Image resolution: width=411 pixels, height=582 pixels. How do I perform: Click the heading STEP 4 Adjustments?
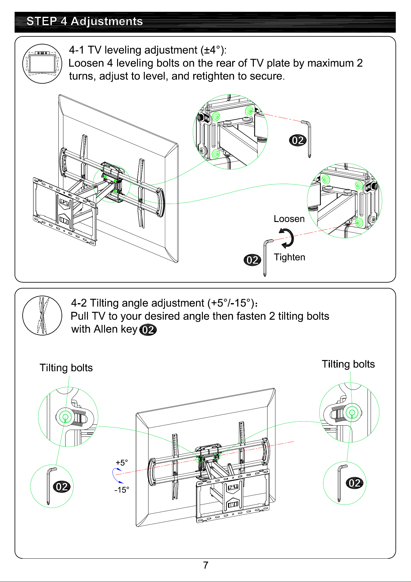(x=84, y=21)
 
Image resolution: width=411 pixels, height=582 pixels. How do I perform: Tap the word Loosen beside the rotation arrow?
(x=289, y=219)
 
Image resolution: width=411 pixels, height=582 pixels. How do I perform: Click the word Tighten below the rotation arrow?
(x=290, y=257)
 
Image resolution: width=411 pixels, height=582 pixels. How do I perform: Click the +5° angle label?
(x=122, y=463)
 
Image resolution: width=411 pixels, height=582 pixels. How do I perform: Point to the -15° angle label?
(x=122, y=490)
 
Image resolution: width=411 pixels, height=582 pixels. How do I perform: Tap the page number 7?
(x=206, y=565)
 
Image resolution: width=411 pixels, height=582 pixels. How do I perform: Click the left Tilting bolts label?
(x=66, y=368)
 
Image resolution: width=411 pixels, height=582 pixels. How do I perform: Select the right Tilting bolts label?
(x=348, y=364)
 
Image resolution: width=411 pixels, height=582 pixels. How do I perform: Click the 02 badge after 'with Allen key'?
(x=148, y=330)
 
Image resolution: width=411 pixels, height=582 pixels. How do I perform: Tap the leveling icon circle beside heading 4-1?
(x=42, y=64)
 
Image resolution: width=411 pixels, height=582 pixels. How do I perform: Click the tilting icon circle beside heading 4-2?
(x=42, y=316)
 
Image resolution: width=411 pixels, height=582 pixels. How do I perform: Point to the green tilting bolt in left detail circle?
(x=65, y=417)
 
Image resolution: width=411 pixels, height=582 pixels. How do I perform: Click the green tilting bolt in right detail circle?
(x=352, y=413)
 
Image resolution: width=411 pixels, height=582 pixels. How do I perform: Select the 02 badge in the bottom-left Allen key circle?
(x=62, y=487)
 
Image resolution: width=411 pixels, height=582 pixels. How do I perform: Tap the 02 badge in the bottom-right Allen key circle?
(x=354, y=483)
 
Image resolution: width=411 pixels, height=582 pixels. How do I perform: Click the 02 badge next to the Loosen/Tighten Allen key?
(x=252, y=260)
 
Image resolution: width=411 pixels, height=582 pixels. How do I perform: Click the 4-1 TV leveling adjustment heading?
(x=148, y=50)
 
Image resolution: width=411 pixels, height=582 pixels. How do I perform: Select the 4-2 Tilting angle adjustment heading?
(x=164, y=303)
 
